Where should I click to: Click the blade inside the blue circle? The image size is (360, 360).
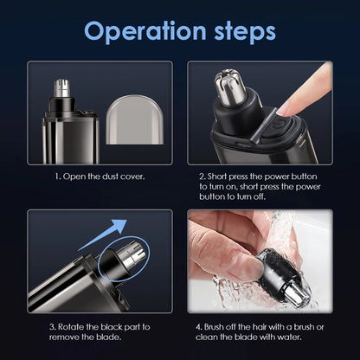[125, 256]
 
